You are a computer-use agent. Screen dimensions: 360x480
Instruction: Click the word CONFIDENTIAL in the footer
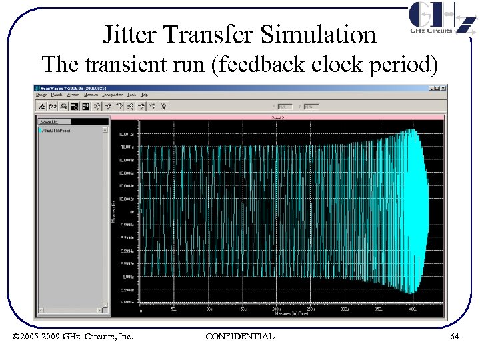pyautogui.click(x=239, y=337)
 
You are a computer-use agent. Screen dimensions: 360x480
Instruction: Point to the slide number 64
pyautogui.click(x=454, y=337)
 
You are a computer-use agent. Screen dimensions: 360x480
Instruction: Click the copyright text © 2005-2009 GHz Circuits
pyautogui.click(x=73, y=337)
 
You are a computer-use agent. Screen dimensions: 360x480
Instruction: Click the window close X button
pyautogui.click(x=443, y=87)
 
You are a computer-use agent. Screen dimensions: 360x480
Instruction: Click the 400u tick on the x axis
pyautogui.click(x=413, y=310)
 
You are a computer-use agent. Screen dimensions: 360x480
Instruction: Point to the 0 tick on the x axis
pyautogui.click(x=140, y=310)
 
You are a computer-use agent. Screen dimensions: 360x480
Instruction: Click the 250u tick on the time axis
pyautogui.click(x=311, y=310)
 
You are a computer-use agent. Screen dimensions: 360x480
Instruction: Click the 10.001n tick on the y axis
pyautogui.click(x=127, y=147)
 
